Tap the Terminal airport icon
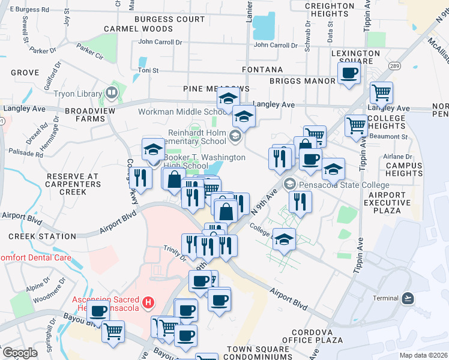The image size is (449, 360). pos(408,298)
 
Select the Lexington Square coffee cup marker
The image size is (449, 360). pos(349,73)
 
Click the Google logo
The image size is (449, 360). pos(20,352)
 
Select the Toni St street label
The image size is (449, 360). pos(148,70)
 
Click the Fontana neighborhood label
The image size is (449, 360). pos(262,70)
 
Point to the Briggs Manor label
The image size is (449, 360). pos(302,81)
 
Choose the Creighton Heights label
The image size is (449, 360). pos(330,10)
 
